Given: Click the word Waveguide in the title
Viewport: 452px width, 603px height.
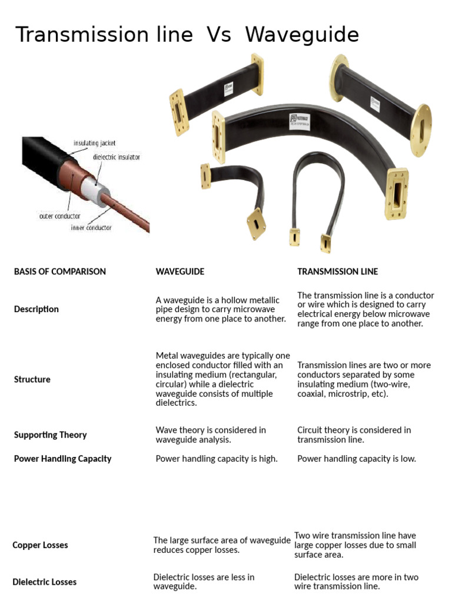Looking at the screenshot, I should (302, 35).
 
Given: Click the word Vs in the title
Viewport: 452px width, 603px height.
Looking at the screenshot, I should (219, 35).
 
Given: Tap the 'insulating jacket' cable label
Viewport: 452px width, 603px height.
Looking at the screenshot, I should (94, 143).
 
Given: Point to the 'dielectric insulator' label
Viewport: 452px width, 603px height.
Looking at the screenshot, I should (117, 157).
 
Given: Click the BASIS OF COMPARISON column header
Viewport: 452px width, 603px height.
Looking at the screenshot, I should (60, 271).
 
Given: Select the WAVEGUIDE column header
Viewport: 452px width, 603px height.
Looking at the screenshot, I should (180, 271).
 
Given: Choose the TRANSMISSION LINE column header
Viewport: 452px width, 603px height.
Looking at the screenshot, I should (337, 271).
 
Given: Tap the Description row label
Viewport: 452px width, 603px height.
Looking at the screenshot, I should (36, 309).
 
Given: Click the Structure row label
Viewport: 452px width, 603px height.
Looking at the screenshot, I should (32, 379).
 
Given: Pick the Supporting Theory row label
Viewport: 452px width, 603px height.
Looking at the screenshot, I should (50, 435).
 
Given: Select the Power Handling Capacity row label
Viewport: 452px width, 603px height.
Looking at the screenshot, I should (62, 459).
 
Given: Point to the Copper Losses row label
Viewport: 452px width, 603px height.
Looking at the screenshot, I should (40, 545).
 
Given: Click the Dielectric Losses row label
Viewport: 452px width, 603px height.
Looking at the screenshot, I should (44, 582).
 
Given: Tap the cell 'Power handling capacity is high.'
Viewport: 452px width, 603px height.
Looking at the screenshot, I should (217, 459).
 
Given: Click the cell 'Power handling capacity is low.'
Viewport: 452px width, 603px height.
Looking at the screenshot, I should (357, 459).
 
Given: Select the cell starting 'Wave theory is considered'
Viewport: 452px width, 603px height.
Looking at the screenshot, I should (211, 435).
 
